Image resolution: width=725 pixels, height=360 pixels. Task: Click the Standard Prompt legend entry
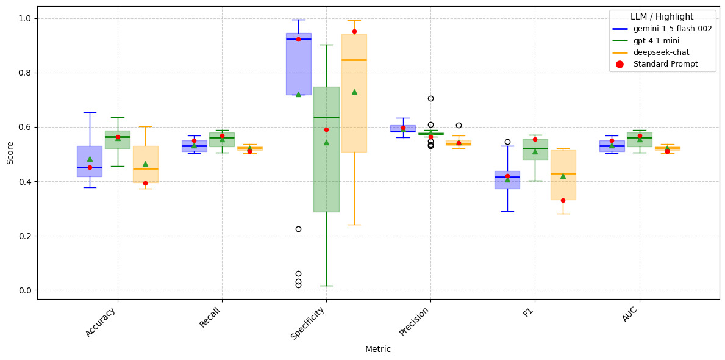click(x=665, y=64)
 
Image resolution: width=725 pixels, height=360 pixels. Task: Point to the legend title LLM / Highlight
click(x=662, y=16)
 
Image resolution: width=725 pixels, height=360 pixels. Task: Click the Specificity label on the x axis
click(x=308, y=323)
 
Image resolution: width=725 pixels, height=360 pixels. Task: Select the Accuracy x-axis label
click(x=101, y=321)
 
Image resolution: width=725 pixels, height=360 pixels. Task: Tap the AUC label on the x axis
click(x=630, y=314)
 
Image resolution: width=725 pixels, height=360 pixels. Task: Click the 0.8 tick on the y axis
click(x=24, y=73)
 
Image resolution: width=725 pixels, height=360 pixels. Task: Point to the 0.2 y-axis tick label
click(x=24, y=236)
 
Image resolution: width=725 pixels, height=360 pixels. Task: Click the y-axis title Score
click(x=10, y=153)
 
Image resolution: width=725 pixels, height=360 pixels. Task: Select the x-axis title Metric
click(x=377, y=350)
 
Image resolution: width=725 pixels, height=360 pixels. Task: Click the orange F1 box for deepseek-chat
click(x=563, y=183)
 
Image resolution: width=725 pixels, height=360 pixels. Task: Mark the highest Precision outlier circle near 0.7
click(x=430, y=98)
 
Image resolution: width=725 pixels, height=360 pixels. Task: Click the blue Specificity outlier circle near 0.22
click(x=298, y=229)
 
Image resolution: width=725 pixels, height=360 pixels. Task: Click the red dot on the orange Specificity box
click(x=354, y=31)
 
